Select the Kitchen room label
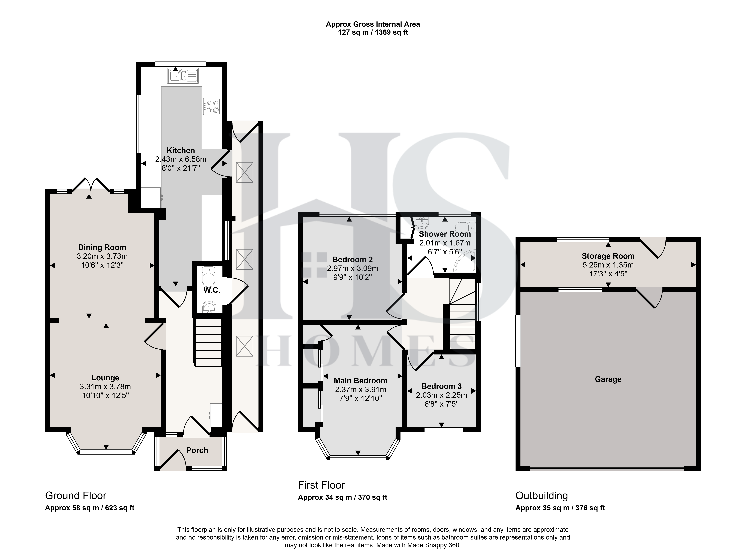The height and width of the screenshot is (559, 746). pos(181,150)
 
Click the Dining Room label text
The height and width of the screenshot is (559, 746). pos(102,247)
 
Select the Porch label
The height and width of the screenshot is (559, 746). pos(197,450)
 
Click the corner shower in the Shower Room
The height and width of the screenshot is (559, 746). pos(464,261)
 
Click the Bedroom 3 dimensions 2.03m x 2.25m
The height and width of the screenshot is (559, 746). pos(441,395)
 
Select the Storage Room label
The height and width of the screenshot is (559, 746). pos(608,256)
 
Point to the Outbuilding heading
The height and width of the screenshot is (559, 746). pos(542,496)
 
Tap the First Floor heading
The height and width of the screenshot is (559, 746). pos(321,485)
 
